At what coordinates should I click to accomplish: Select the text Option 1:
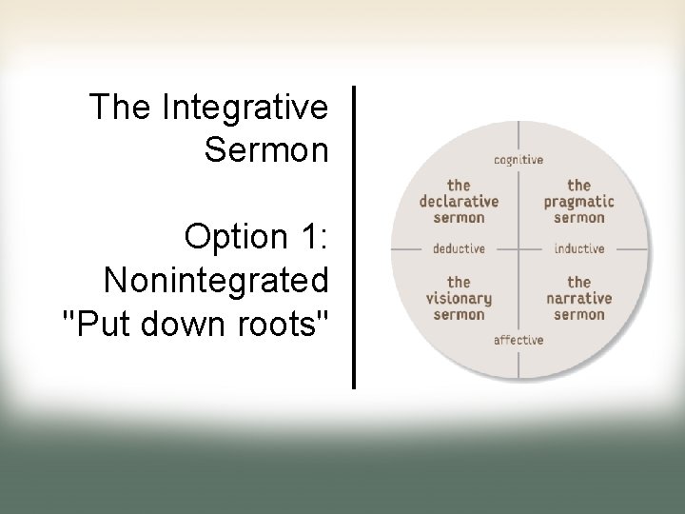click(x=257, y=237)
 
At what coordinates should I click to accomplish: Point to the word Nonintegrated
click(x=216, y=281)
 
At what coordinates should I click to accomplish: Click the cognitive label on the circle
click(x=519, y=160)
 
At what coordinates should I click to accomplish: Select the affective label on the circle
click(x=519, y=340)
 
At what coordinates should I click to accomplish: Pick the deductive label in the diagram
click(x=460, y=249)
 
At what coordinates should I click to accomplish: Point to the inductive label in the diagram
click(x=579, y=249)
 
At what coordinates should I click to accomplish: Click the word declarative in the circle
click(x=459, y=202)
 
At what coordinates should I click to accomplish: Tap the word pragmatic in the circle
click(x=579, y=202)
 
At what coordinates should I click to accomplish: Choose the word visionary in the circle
click(x=459, y=299)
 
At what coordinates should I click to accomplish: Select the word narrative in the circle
click(x=579, y=299)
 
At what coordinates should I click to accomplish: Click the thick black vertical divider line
click(x=354, y=237)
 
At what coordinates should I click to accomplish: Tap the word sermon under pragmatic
click(x=579, y=218)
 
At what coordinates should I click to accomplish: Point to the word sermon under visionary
click(x=459, y=315)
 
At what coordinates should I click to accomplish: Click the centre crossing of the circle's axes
click(x=519, y=249)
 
